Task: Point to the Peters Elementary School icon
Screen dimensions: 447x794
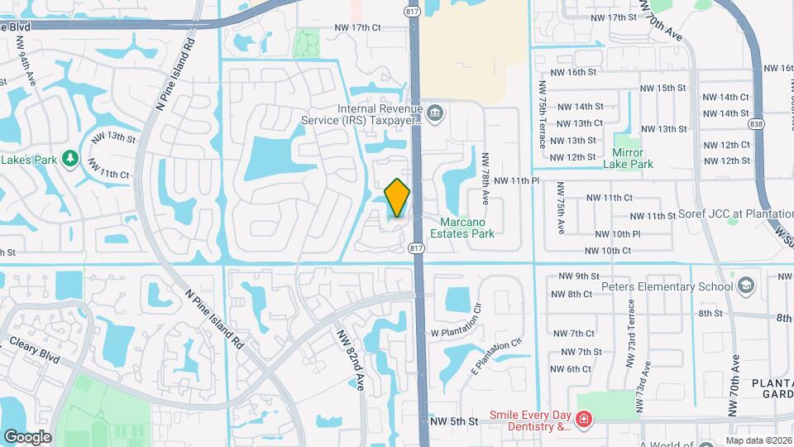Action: [747, 286]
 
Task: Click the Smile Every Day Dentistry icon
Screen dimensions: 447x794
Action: [585, 421]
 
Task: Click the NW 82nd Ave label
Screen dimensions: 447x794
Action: [351, 359]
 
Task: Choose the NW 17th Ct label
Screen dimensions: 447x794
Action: [358, 28]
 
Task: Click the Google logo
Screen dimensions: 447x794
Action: [27, 436]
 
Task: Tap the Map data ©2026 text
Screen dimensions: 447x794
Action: [758, 440]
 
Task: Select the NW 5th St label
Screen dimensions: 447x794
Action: [454, 421]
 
